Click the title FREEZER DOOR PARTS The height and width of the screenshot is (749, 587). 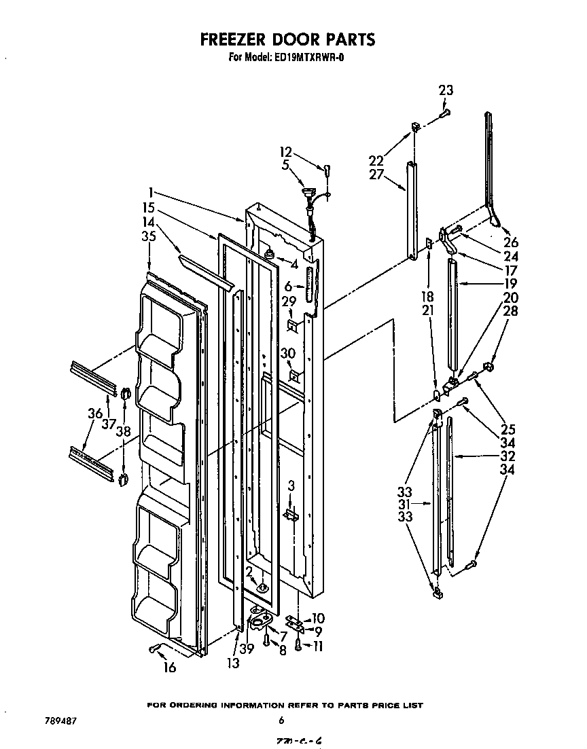tap(287, 40)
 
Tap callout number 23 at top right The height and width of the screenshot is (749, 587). tap(446, 90)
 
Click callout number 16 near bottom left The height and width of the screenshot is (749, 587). tap(170, 668)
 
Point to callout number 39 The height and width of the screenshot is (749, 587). tap(247, 649)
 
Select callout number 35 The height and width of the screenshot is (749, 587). tap(149, 237)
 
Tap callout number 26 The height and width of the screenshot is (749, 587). tap(512, 242)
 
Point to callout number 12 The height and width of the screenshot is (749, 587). tap(286, 152)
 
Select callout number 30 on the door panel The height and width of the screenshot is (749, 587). tap(288, 352)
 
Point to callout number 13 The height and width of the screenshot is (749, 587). tap(233, 663)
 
